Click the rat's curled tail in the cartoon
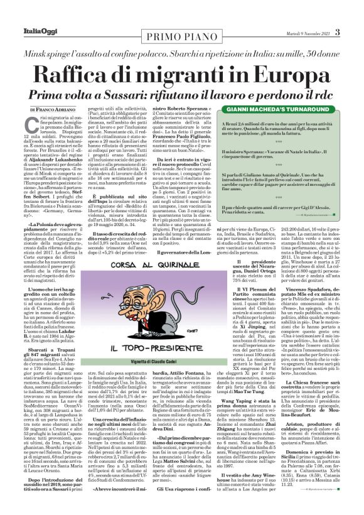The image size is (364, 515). click(x=154, y=349)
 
